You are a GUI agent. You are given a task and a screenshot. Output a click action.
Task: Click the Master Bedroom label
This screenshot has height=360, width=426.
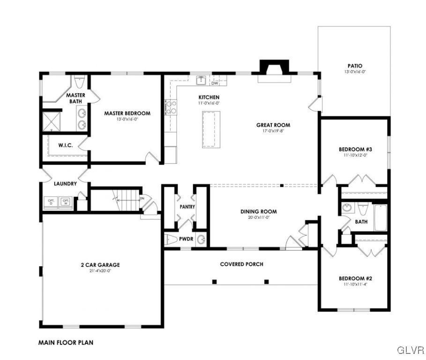127,113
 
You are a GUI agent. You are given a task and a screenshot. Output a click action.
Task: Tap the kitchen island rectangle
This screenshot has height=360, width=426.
211,129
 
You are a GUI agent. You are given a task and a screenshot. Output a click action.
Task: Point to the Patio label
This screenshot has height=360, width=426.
355,66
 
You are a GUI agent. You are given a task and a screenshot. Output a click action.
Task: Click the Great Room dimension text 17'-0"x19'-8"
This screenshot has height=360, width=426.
273,132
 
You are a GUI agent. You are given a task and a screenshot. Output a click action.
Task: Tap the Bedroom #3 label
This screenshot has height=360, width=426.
355,150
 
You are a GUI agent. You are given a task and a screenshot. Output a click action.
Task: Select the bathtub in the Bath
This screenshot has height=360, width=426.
380,217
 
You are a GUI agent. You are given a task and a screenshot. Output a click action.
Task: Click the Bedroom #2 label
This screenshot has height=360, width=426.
355,278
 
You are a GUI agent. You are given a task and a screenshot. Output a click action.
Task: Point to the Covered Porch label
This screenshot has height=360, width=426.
241,264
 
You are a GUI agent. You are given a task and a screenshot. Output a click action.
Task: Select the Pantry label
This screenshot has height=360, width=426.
187,207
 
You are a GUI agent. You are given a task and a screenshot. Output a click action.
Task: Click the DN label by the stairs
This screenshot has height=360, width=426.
142,198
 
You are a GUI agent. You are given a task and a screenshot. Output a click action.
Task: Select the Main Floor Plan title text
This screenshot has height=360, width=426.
66,343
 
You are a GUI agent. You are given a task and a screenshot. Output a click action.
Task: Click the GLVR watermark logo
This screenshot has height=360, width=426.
411,350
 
